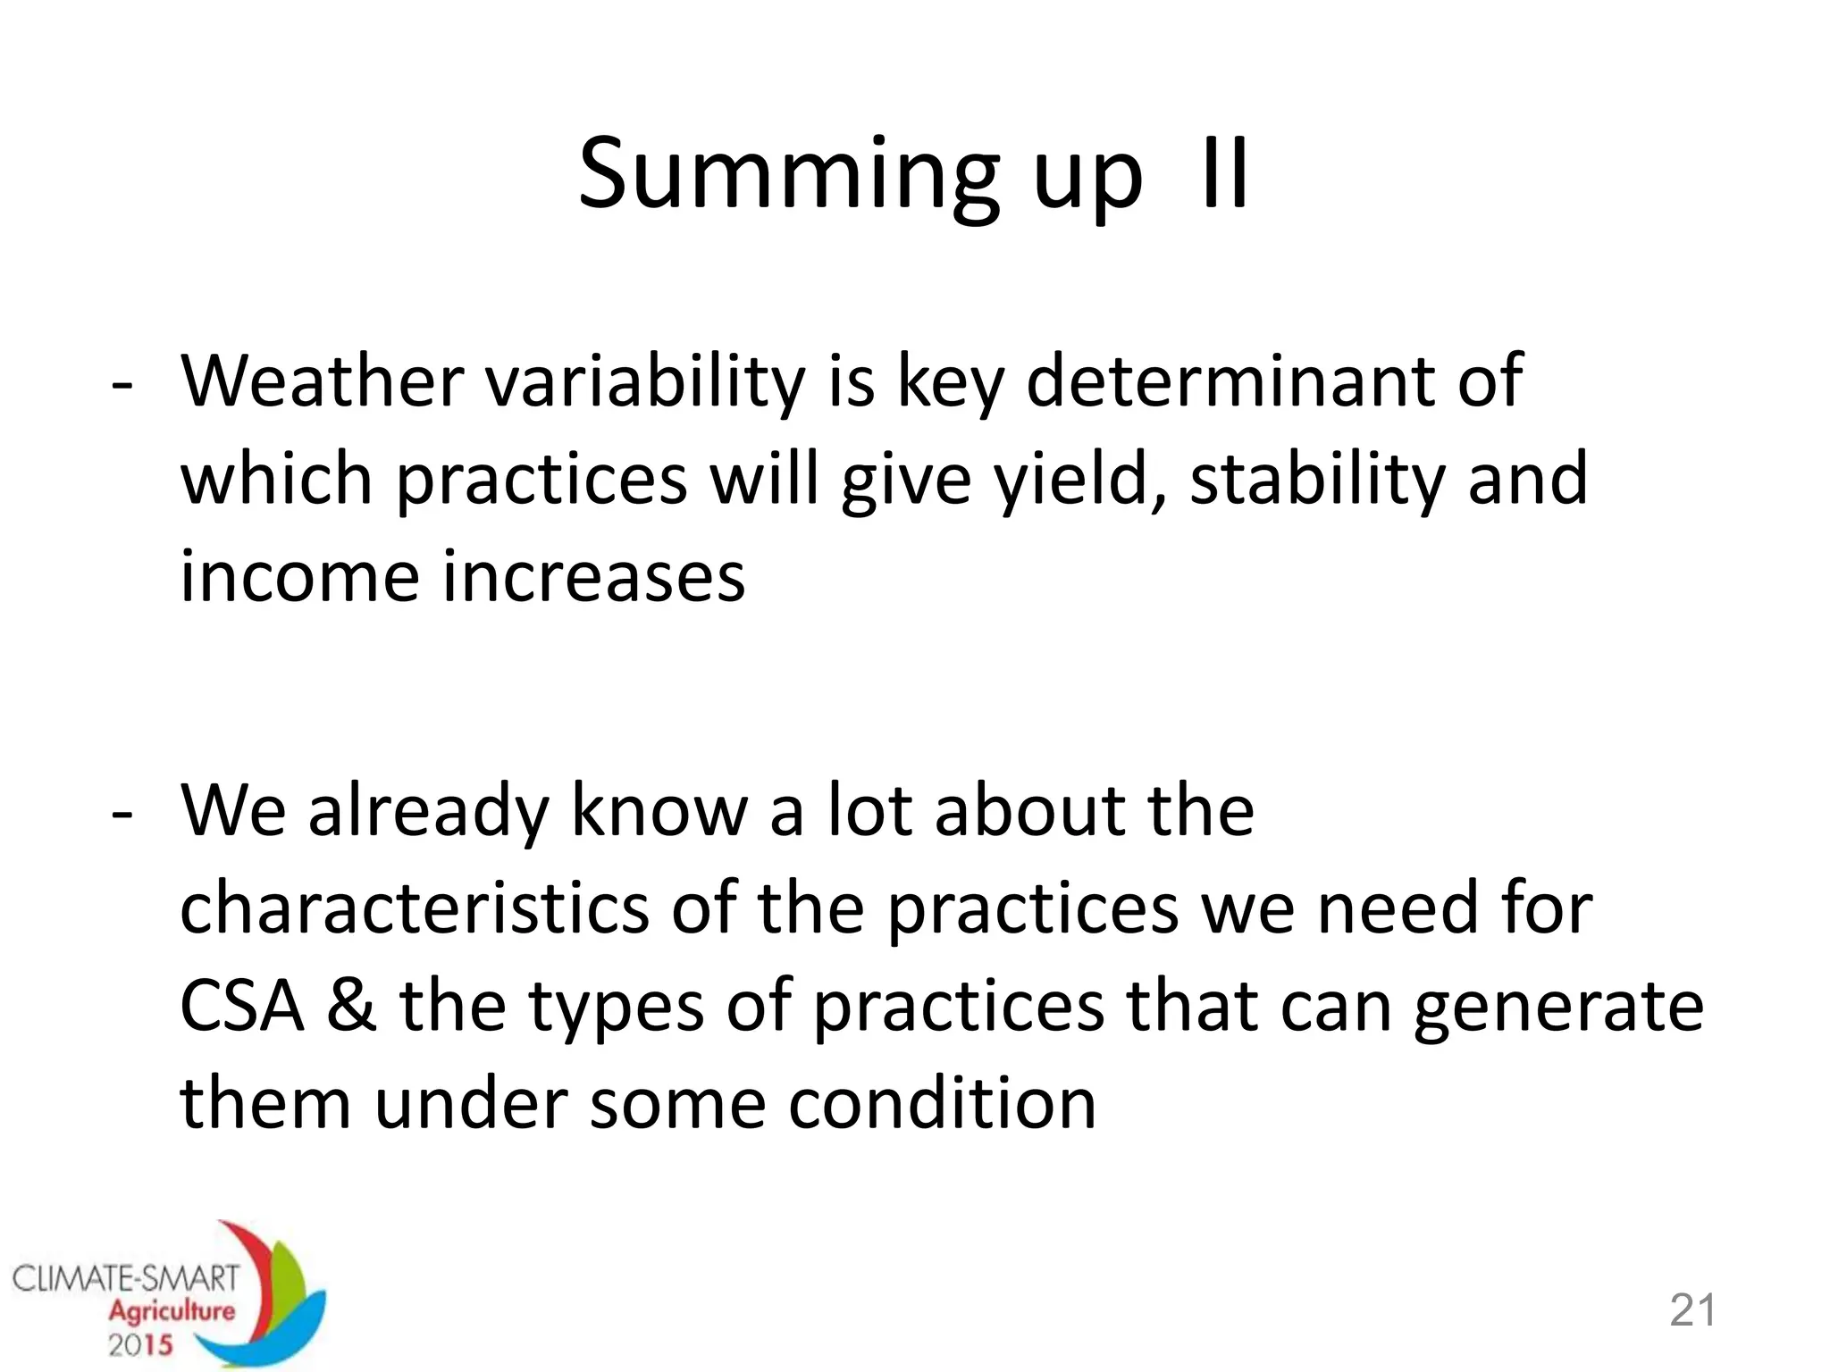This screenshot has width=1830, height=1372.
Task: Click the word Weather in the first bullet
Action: tap(322, 382)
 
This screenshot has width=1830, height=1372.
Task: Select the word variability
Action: tap(645, 382)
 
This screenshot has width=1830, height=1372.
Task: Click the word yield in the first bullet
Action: tap(1079, 480)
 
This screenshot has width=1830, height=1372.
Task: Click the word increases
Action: tap(593, 577)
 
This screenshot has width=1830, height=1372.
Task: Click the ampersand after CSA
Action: tap(351, 1007)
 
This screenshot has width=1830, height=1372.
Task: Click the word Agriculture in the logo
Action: tap(172, 1311)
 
